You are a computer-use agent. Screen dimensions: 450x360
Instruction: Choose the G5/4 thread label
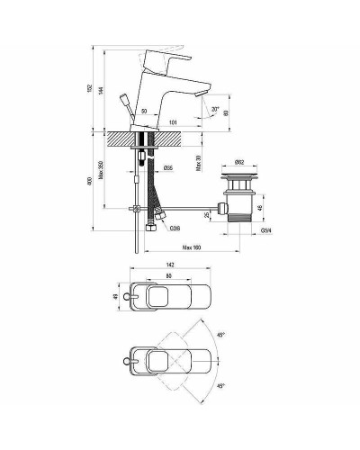coord(265,231)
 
